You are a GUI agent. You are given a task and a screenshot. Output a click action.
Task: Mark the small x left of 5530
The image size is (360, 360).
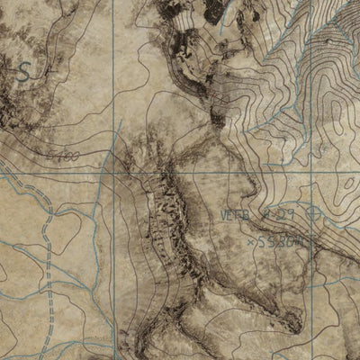(249, 240)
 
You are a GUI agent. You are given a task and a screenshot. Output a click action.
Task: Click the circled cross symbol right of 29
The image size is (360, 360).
(312, 213)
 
